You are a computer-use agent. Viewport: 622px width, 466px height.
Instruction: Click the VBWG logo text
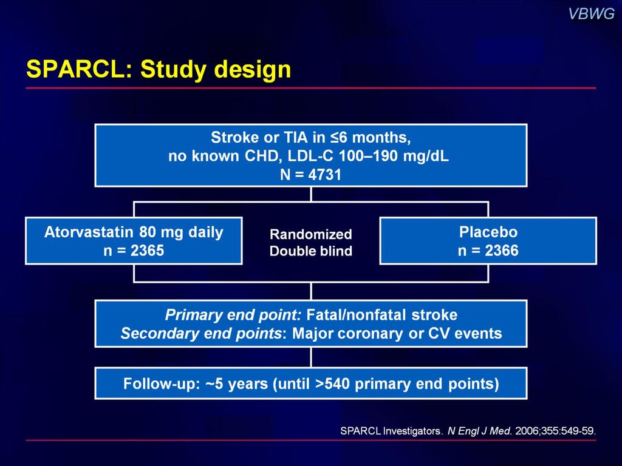point(592,15)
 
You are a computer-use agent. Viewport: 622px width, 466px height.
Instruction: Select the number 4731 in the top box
point(325,175)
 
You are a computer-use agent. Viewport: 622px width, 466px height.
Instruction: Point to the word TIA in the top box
point(296,138)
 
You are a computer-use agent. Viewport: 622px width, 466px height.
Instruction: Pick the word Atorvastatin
point(89,232)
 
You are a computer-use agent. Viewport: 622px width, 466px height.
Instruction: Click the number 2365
point(147,251)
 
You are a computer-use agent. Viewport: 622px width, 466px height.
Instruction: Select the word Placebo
point(488,232)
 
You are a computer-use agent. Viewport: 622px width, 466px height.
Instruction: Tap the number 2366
point(501,251)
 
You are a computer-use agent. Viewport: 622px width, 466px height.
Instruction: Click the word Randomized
point(310,234)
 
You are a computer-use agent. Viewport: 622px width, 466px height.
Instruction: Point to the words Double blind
point(310,251)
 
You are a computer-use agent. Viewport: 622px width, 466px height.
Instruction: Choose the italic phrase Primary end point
point(233,315)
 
